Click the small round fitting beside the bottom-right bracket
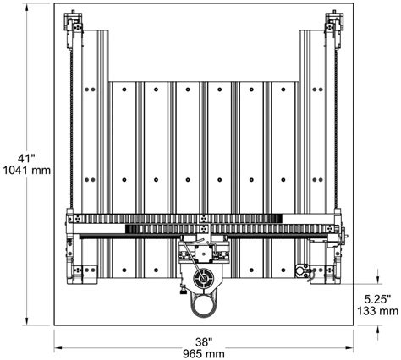coord(299,270)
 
